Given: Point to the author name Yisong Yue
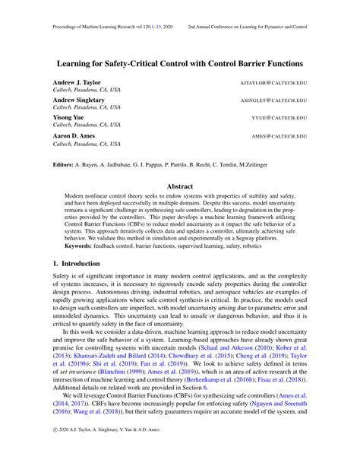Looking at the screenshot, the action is (x=69, y=117).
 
